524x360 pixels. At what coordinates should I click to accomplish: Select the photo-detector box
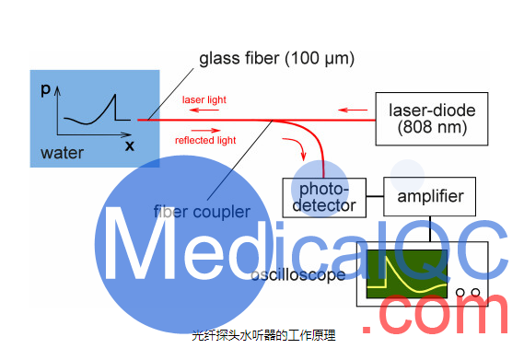pos(322,195)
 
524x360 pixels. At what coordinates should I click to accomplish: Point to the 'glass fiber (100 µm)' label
pos(276,59)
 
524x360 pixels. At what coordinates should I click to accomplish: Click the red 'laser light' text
pos(204,99)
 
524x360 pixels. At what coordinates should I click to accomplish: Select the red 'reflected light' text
pos(205,140)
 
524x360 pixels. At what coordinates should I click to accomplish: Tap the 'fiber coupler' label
pos(202,212)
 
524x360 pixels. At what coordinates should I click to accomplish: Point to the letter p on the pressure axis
pos(46,88)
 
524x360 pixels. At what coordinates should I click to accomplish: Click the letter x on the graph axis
pos(130,145)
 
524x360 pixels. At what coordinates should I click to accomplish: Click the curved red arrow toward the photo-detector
pos(294,146)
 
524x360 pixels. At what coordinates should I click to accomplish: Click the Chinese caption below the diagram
pos(263,336)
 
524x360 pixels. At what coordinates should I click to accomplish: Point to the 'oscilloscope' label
pos(299,274)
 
